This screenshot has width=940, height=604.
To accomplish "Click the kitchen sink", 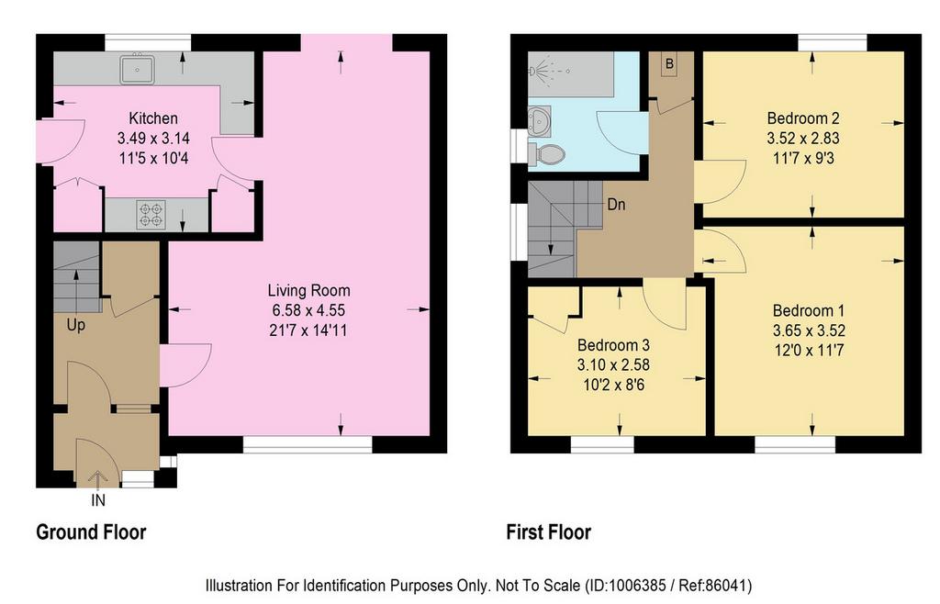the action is click(138, 69).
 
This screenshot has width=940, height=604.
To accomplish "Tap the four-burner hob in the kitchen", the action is click(151, 215).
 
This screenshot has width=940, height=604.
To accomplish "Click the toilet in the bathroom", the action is click(547, 153).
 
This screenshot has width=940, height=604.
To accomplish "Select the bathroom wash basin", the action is click(540, 121).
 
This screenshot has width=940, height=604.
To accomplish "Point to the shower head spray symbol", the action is click(542, 71).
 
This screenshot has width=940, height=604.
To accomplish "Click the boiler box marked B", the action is click(669, 64).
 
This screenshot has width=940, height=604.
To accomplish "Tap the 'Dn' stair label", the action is click(616, 205).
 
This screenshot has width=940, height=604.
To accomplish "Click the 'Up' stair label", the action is click(76, 325).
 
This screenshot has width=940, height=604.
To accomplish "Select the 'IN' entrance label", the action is click(98, 500).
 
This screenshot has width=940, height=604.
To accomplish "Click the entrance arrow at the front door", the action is click(97, 479).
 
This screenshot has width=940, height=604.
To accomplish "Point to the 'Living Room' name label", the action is click(308, 291).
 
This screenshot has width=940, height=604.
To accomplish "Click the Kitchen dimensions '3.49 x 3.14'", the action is click(153, 139).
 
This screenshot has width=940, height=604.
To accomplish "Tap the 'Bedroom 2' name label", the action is click(803, 118).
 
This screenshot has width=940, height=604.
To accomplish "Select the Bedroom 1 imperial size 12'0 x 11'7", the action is click(809, 351).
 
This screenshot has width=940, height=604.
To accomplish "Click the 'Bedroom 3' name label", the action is click(613, 345).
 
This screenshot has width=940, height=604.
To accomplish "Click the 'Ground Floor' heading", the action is click(91, 532).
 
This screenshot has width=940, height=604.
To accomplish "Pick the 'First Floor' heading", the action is click(549, 532).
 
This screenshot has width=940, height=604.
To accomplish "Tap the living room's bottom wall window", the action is click(308, 444).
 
